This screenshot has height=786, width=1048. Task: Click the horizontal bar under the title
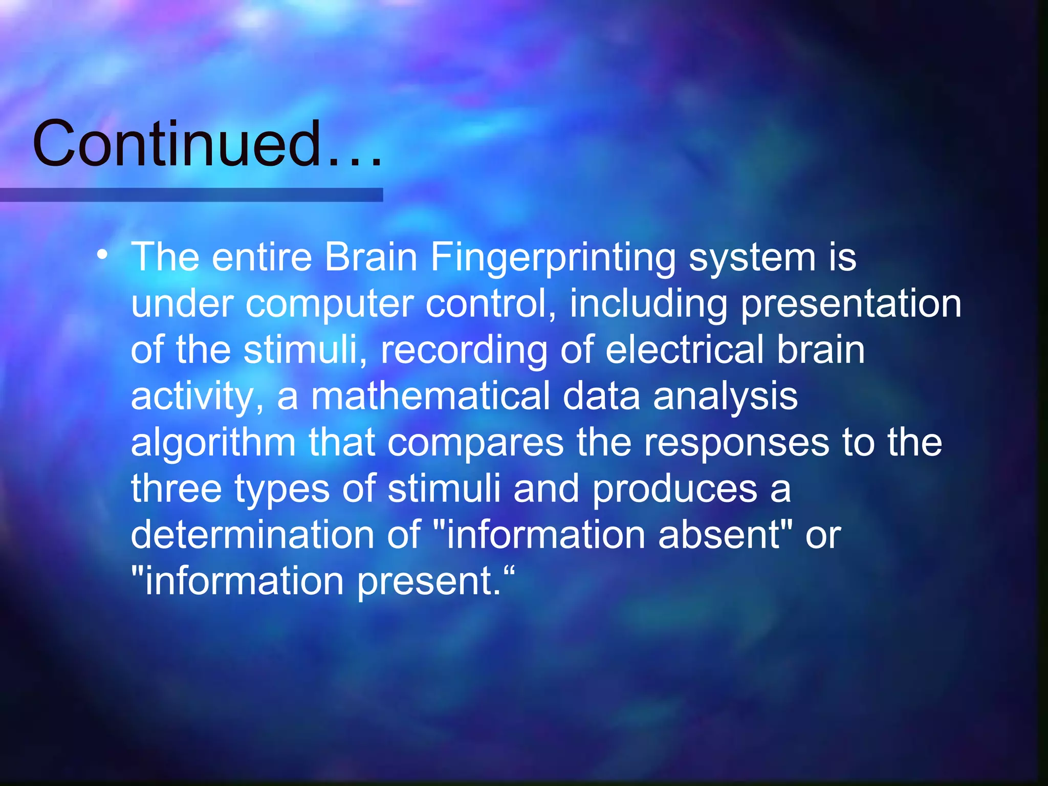tap(191, 195)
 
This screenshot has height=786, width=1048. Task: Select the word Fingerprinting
tap(553, 257)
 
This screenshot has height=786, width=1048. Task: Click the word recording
tap(464, 351)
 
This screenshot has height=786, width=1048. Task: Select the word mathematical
tap(430, 396)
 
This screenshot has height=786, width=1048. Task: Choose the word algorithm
tap(213, 442)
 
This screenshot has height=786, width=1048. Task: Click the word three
tap(176, 489)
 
